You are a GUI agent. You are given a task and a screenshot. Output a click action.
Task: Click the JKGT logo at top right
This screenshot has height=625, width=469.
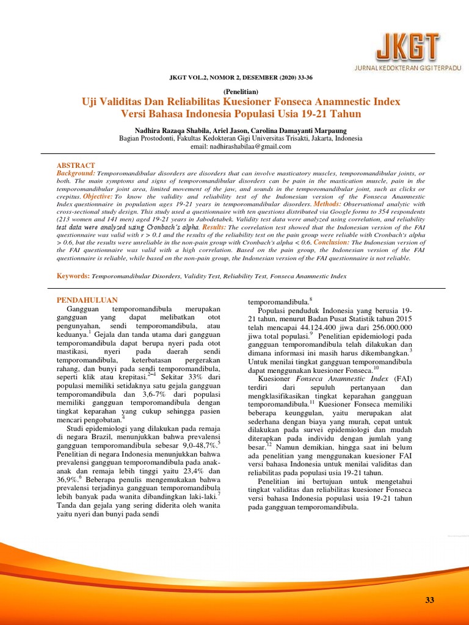[x=398, y=46]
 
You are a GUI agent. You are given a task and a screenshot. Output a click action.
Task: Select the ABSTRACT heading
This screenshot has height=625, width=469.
[x=76, y=165]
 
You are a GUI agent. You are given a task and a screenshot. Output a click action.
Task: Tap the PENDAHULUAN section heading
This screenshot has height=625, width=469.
[x=87, y=300]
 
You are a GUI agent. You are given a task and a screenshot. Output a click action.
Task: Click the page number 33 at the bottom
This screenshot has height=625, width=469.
[x=429, y=601]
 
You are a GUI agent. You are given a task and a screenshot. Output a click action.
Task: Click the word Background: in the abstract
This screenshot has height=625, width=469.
[x=76, y=174]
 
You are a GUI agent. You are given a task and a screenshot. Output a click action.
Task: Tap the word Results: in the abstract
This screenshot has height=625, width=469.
[x=214, y=226]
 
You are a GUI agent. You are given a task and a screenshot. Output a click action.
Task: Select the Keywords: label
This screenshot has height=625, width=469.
[x=73, y=276]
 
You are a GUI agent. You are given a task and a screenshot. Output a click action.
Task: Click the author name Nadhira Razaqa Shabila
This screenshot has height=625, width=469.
[x=170, y=130]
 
